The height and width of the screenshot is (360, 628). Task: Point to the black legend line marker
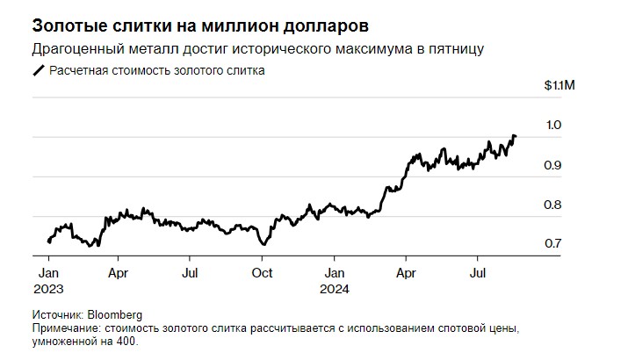(x=38, y=71)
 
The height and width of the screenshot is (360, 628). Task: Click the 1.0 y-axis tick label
(x=552, y=126)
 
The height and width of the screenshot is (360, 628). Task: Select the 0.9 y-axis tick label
(x=552, y=165)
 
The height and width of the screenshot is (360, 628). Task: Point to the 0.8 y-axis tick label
(x=552, y=205)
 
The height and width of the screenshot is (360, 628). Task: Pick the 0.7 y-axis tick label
(x=552, y=243)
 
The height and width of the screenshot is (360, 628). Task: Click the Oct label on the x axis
(x=261, y=273)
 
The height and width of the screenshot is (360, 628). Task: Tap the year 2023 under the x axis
(x=50, y=287)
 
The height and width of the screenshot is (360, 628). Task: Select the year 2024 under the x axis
(x=335, y=287)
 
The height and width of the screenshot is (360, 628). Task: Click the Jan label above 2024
(x=333, y=273)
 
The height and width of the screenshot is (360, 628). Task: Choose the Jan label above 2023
(x=48, y=273)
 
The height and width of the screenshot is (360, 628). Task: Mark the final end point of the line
(x=516, y=136)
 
